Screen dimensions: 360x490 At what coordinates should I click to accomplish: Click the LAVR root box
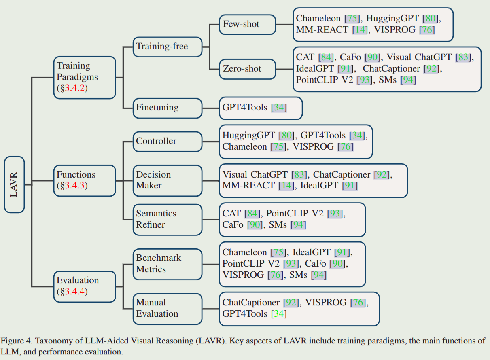[x=14, y=184]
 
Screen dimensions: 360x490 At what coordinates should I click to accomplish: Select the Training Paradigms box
[x=84, y=77]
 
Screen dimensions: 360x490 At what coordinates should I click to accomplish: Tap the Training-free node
[x=167, y=47]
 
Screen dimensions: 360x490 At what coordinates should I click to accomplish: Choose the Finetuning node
[x=167, y=108]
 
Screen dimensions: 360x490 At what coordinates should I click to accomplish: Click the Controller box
[x=167, y=141]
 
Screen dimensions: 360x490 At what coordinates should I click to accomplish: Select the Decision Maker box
[x=167, y=180]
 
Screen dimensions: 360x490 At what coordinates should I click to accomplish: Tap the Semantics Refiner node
[x=167, y=219]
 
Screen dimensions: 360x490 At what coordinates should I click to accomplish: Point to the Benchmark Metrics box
[x=167, y=264]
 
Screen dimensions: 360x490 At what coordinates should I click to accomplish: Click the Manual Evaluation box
[x=167, y=308]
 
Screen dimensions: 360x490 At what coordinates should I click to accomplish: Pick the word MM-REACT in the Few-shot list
[x=322, y=30]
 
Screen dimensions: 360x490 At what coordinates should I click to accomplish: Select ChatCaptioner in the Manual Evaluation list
[x=251, y=303]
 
